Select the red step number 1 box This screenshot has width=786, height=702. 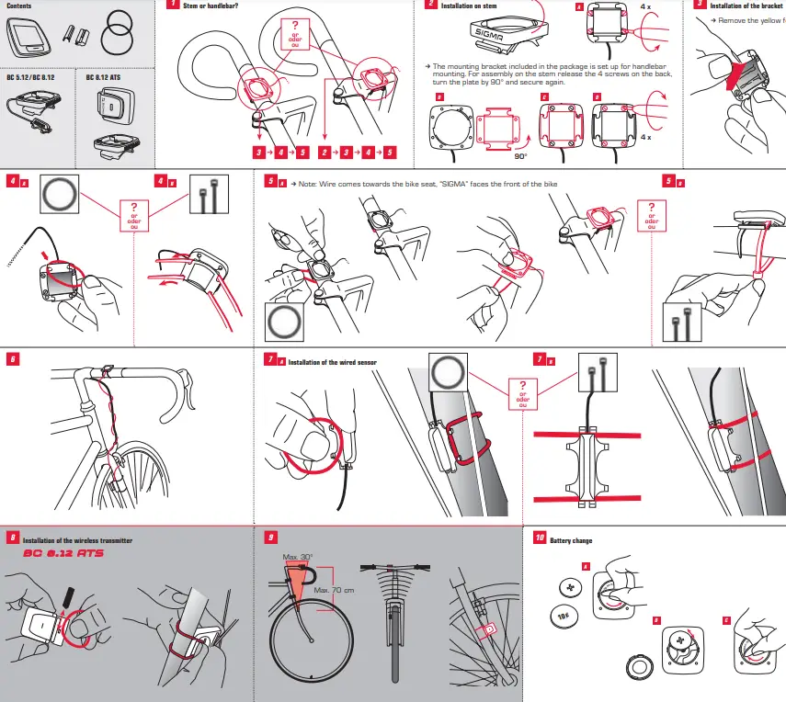[x=172, y=6]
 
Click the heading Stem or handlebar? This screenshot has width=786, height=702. [x=211, y=6]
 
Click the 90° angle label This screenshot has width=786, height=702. [x=520, y=156]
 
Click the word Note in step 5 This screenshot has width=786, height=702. [x=305, y=184]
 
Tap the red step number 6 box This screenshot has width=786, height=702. [x=13, y=359]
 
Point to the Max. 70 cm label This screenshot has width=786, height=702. [x=335, y=590]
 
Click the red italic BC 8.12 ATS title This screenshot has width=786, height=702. [x=63, y=555]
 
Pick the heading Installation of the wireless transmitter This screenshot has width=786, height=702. [x=77, y=541]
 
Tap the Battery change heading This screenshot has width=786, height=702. [x=571, y=541]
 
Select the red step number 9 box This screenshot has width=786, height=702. [x=269, y=537]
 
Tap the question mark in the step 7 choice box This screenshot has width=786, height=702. [x=523, y=386]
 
